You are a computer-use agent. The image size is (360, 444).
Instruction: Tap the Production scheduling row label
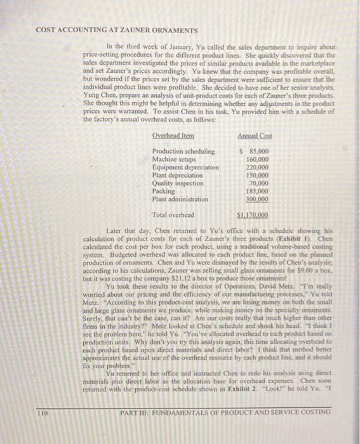[183, 151]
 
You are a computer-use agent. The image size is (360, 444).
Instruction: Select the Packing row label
[163, 190]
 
